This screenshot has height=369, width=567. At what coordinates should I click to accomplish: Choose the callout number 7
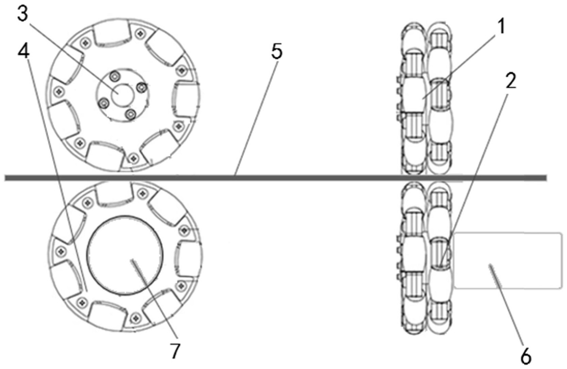[175, 351]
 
